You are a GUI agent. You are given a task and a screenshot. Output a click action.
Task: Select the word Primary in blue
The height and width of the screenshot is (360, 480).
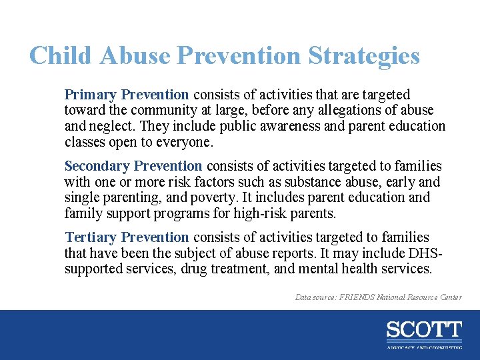90,95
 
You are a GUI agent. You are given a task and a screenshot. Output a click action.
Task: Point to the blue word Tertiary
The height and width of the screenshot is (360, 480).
91,237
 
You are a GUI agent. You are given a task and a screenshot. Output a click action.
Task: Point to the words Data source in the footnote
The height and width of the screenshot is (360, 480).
317,297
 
